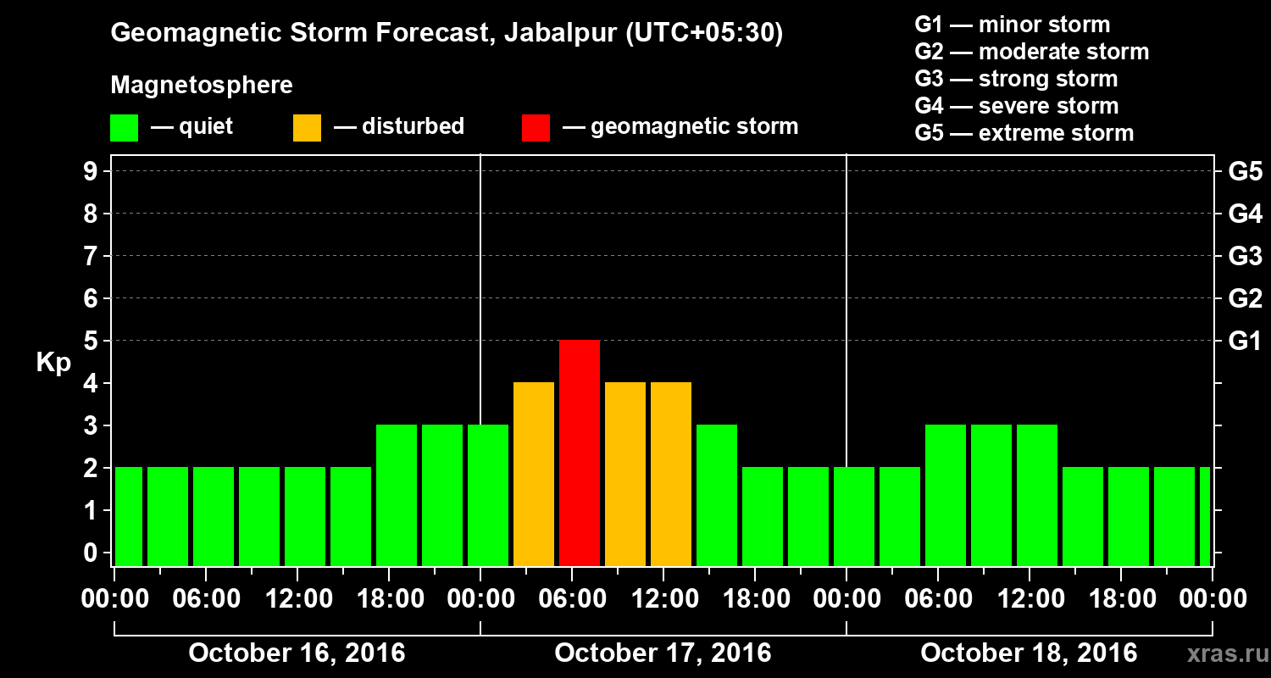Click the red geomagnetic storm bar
coord(580,453)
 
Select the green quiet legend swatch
coord(124,127)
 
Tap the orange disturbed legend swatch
coord(307,127)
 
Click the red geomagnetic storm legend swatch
coord(536,127)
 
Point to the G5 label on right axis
coord(1245,172)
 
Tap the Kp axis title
coord(53,363)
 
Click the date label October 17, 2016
coord(663,653)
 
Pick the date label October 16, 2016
coord(297,653)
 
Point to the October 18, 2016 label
coord(1029,653)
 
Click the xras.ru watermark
coord(1221,653)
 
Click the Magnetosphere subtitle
coord(202,86)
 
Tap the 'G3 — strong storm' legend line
coord(1016,79)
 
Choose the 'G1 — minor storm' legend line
coord(1012,25)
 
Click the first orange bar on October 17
coord(534,474)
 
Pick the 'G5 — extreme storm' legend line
coord(1024,133)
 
